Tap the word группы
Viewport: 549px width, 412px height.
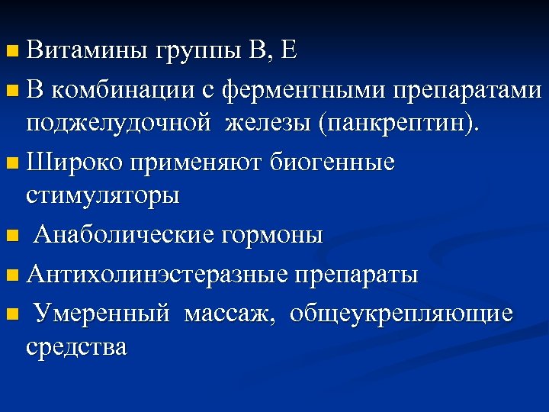[197, 53]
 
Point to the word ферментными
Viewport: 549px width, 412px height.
[303, 90]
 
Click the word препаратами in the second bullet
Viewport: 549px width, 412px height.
[467, 90]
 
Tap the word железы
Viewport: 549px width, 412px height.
[268, 124]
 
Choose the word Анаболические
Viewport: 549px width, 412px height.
[124, 235]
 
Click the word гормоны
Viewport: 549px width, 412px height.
[272, 235]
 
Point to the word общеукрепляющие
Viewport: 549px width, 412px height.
[400, 313]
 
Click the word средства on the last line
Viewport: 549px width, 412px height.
[76, 348]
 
